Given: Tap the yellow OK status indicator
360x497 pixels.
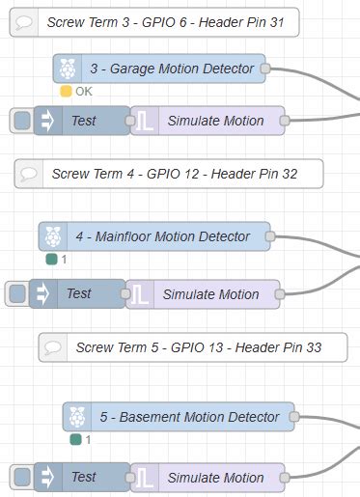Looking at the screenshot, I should (x=66, y=92).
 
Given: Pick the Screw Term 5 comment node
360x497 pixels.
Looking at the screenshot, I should (x=193, y=346).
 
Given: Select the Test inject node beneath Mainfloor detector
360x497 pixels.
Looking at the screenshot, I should (x=79, y=293).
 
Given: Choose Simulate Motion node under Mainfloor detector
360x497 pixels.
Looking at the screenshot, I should (x=209, y=293).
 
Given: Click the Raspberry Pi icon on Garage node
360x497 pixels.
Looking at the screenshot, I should (x=67, y=69).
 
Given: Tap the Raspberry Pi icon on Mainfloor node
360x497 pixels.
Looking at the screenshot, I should (x=53, y=236).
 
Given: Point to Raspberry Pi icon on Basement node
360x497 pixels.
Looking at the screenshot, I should (x=77, y=417).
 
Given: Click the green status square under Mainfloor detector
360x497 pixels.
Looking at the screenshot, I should (x=51, y=260).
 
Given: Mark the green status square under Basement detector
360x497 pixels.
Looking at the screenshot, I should (x=75, y=440).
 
